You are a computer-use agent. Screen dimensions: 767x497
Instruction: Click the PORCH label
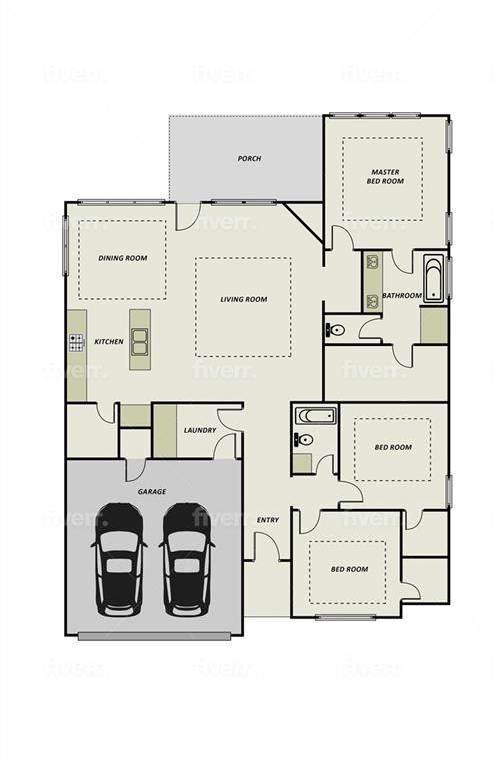(249, 158)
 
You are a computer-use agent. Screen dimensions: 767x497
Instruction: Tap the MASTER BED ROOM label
(385, 177)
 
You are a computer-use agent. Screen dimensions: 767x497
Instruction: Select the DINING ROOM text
(123, 258)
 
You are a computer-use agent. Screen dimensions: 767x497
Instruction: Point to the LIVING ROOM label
(244, 299)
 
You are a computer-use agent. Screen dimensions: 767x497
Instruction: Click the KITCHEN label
(109, 342)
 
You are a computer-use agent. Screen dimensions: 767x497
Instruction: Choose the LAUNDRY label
(200, 431)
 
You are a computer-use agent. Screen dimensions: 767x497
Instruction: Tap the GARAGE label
(152, 492)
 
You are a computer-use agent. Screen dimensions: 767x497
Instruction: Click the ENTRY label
(268, 520)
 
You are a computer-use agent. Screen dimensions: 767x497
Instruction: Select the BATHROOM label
(401, 295)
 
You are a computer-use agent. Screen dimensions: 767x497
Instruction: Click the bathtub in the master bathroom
(434, 280)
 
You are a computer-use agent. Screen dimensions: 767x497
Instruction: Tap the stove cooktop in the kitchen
(76, 342)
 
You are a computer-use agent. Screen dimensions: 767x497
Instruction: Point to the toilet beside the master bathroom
(337, 329)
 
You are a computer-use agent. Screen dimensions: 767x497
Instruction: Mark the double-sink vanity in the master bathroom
(372, 280)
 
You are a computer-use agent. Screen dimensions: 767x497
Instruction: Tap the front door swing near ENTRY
(266, 547)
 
